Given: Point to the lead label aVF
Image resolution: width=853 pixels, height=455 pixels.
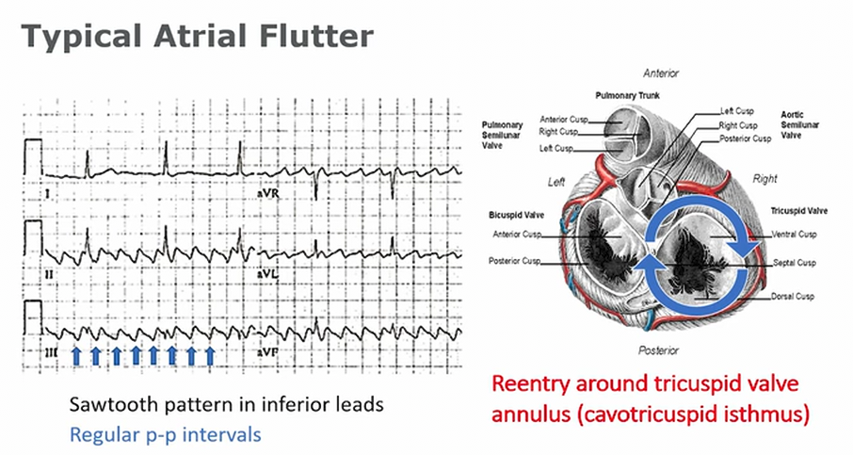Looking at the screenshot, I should point(267,350).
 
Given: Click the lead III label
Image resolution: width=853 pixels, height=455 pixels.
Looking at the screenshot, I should point(52,350).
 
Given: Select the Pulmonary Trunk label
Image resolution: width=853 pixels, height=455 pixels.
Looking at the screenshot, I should point(626,96).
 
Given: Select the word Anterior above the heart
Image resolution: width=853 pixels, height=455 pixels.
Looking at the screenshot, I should point(660,73).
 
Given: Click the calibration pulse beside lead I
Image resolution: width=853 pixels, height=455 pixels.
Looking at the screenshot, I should point(33,156).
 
